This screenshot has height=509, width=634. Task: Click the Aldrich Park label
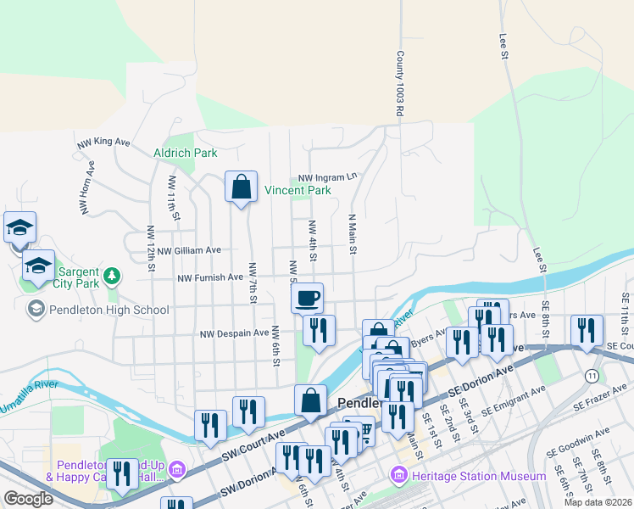pos(185,153)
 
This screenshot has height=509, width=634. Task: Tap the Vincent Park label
pos(298,191)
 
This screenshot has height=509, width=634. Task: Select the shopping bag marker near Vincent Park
pos(241,187)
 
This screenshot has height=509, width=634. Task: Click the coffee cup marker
pos(307,299)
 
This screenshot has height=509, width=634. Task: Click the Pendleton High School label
pos(109,310)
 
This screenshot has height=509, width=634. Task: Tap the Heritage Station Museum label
pos(479,477)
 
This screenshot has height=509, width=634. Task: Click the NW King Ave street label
pos(103,143)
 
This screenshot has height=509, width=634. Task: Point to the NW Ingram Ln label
pos(328,178)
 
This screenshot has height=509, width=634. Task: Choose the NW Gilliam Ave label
pos(188,250)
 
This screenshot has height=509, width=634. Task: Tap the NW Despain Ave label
pos(235,334)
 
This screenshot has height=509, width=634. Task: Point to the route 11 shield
pos(591,374)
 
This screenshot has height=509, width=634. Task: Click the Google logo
pos(27,499)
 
